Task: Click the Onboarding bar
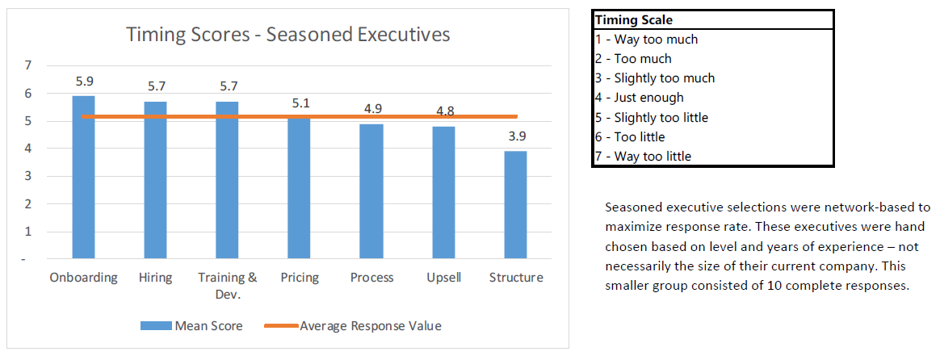83,178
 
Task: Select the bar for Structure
515,205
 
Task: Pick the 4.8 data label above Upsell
443,111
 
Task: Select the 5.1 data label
299,103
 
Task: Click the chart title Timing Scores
287,34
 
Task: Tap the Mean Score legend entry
191,326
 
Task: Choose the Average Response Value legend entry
353,326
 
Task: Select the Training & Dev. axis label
227,285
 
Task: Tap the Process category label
371,278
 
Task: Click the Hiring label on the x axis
155,278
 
